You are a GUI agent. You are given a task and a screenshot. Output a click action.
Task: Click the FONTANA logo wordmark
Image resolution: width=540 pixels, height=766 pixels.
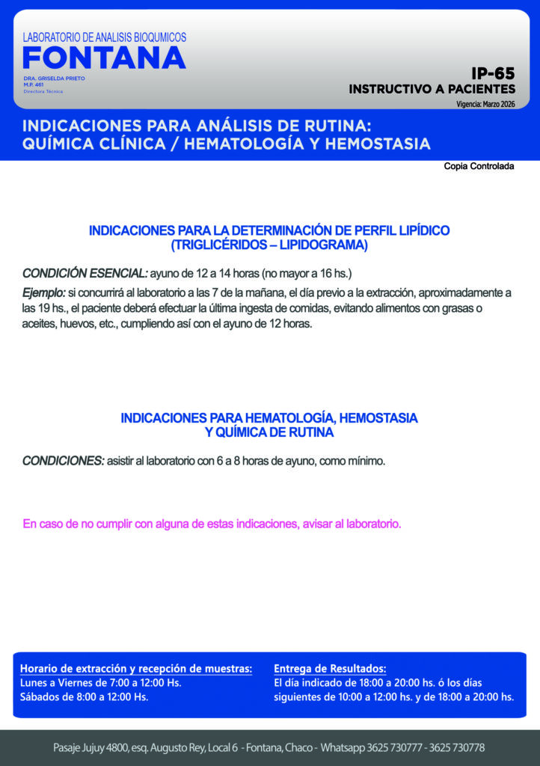104,58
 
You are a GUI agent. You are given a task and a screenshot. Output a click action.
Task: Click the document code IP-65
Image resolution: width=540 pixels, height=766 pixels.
493,73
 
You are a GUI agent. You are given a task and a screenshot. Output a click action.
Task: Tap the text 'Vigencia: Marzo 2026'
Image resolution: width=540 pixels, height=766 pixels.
485,104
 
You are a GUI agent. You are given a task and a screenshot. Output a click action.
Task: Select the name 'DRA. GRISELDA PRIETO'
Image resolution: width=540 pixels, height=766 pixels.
54,79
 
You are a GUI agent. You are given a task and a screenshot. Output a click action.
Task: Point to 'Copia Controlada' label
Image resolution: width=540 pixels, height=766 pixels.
479,166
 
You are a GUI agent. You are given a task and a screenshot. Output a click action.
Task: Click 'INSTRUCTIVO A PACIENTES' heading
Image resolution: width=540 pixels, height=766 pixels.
432,89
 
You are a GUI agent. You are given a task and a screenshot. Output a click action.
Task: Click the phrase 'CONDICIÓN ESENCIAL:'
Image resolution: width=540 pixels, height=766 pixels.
85,273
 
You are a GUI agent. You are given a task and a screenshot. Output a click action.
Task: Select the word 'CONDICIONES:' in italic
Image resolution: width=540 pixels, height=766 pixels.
63,461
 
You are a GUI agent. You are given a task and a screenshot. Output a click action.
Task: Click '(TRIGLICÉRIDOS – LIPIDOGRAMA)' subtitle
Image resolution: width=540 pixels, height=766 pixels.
269,245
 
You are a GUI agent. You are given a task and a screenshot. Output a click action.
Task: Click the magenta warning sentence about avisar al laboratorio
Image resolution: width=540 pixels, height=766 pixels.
212,524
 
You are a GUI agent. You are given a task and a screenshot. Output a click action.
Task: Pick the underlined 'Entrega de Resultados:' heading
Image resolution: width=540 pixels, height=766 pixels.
330,668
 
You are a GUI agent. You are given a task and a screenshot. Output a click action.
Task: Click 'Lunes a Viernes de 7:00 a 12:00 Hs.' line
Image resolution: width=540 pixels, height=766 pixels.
100,682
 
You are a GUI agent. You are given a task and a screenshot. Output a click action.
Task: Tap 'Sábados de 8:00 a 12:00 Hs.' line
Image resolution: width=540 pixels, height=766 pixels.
84,697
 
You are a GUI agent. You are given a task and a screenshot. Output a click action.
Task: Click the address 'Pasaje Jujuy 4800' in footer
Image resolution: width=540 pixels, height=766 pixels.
93,747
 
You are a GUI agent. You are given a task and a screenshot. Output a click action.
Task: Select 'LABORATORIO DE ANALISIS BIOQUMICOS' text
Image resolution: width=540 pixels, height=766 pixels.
105,37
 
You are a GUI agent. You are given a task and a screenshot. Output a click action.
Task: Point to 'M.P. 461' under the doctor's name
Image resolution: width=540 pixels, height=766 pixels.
34,85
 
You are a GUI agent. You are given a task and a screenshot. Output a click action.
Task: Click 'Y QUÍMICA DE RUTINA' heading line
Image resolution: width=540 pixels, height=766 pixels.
269,432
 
